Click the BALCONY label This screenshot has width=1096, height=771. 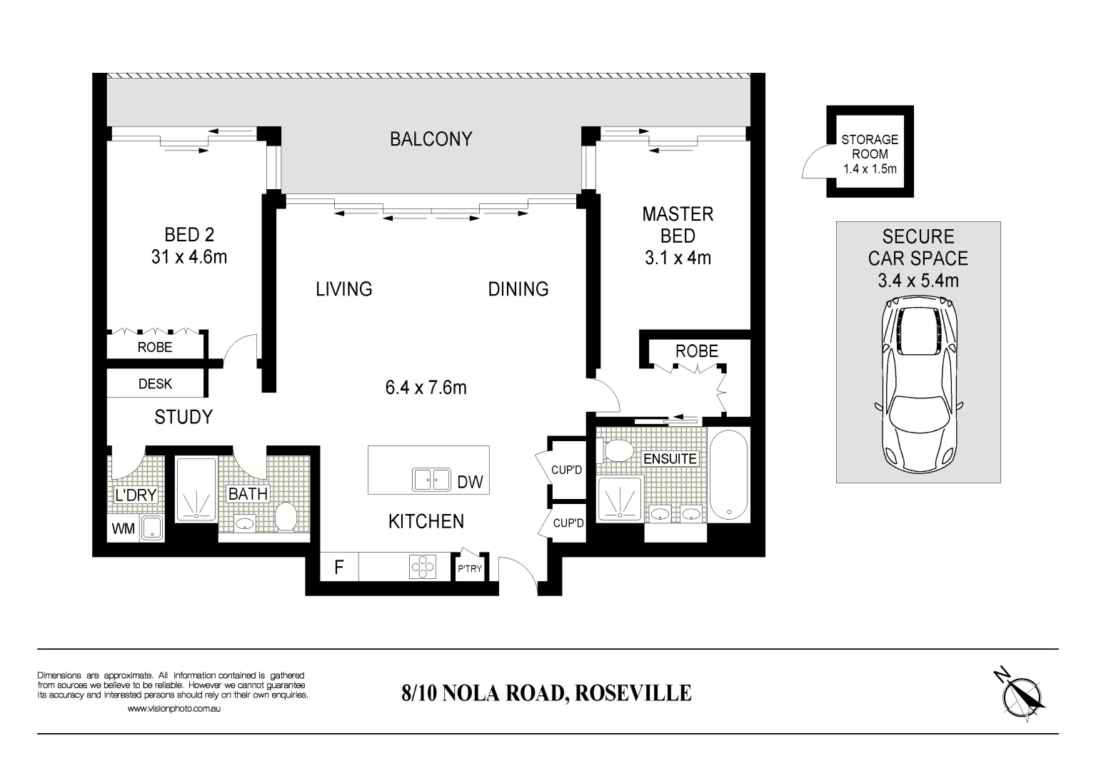431,138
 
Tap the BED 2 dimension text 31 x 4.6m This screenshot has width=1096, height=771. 188,257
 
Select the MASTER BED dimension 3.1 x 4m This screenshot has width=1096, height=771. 678,258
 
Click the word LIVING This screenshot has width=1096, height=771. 344,289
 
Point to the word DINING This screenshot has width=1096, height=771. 518,289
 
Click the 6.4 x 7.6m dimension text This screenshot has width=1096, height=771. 426,388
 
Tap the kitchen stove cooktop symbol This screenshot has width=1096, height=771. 422,567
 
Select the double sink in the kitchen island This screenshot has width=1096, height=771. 431,480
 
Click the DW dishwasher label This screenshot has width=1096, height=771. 470,483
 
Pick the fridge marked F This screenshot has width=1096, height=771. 339,568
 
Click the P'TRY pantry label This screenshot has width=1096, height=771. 470,569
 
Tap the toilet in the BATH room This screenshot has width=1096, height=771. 286,516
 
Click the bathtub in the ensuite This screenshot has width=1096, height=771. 728,475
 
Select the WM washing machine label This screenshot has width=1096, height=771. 124,530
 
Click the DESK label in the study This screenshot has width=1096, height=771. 155,384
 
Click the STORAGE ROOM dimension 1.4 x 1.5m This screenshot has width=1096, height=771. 870,169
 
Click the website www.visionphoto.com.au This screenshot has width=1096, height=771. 174,709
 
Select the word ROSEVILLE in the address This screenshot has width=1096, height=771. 633,693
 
